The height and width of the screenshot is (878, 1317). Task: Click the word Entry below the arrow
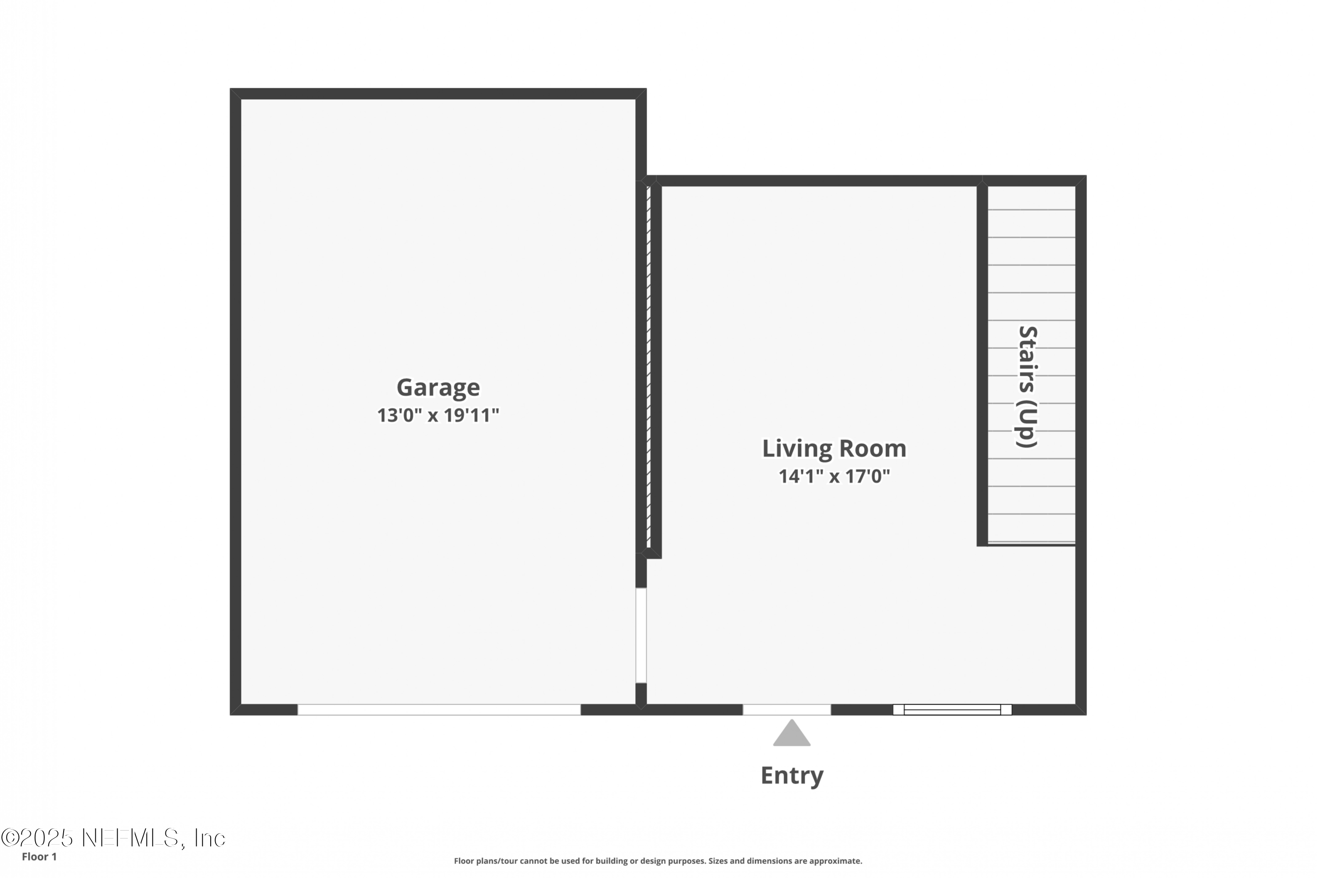click(x=792, y=776)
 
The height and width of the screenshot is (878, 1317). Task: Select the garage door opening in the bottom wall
click(x=439, y=710)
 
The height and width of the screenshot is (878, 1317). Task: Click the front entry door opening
click(x=787, y=710)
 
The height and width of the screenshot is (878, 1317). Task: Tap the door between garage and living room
click(x=641, y=636)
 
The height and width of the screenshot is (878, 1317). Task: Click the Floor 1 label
click(x=39, y=857)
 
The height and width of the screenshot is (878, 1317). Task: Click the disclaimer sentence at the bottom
click(x=658, y=861)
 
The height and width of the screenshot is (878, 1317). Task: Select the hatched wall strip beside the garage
click(x=648, y=367)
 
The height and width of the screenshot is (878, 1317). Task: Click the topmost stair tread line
click(x=1031, y=210)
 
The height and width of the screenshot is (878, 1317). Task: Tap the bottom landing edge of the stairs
click(x=1031, y=544)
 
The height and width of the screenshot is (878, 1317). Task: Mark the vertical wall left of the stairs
click(x=982, y=364)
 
